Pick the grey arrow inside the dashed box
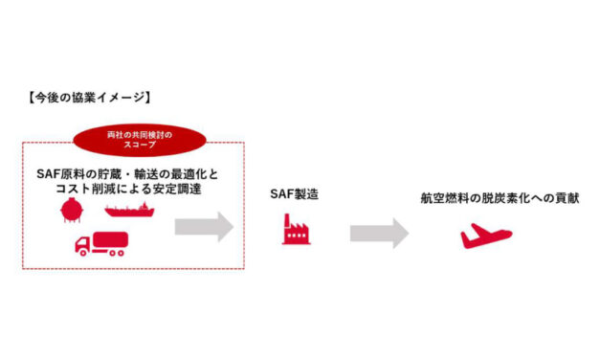203,227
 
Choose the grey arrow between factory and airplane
379,234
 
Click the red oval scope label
142,139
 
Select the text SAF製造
295,194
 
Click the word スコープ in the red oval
142,146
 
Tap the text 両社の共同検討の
142,133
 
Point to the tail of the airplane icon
466,230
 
